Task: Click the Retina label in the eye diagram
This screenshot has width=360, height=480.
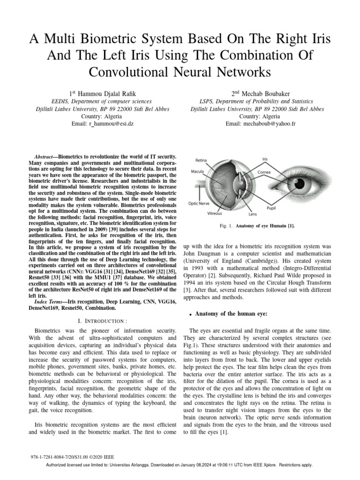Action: pyautogui.click(x=201, y=161)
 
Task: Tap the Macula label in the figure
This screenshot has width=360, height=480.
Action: pyautogui.click(x=197, y=172)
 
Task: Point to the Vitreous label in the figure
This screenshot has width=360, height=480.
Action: pyautogui.click(x=215, y=213)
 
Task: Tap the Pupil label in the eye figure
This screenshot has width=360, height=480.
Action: pyautogui.click(x=271, y=207)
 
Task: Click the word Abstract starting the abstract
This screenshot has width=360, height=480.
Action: pyautogui.click(x=46, y=156)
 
